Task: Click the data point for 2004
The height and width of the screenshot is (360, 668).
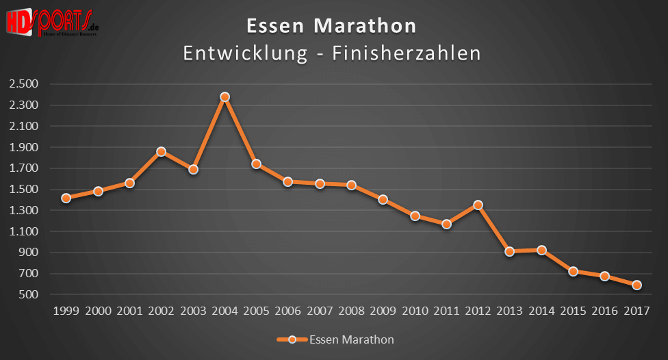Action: pos(224,97)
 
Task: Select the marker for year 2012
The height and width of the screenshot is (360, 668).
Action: pos(478,205)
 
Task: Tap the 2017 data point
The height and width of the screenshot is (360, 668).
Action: pos(637,285)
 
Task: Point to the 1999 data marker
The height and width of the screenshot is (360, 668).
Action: pos(66,198)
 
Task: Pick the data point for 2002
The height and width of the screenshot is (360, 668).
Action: pos(162,151)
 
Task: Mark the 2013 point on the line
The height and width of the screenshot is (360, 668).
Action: pos(510,251)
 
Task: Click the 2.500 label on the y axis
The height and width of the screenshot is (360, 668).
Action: pos(24,84)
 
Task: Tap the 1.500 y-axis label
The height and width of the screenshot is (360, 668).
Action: pos(24,190)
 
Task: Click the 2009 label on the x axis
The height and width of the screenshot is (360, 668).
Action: pos(383,311)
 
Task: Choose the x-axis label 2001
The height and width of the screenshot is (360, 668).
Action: pos(130,311)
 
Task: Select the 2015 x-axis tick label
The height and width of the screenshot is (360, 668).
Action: pos(574,311)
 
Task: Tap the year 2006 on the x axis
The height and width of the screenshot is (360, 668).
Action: pos(288,311)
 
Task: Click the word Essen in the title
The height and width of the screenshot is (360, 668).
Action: pos(273,26)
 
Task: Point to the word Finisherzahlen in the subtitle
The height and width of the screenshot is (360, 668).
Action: pos(407,53)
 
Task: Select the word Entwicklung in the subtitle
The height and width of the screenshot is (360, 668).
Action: pos(245,53)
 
